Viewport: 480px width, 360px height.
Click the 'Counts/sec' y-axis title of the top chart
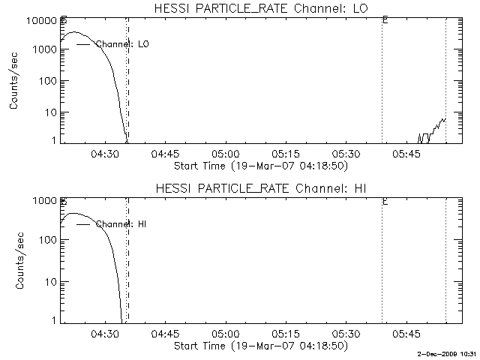(x=14, y=82)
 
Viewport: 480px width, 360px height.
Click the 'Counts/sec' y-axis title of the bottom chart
(x=14, y=260)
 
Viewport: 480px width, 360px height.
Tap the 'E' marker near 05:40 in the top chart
(x=384, y=21)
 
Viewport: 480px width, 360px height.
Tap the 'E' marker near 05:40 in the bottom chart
(x=384, y=201)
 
